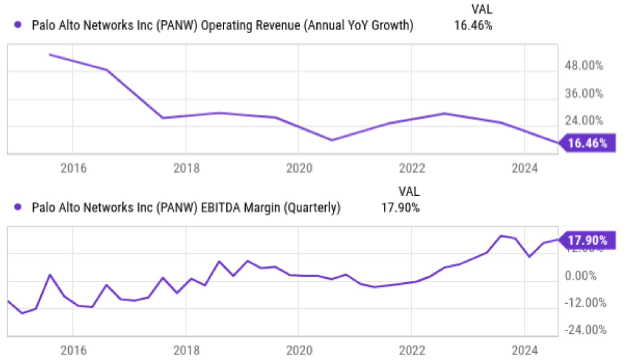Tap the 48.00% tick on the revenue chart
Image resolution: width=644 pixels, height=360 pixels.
coord(584,66)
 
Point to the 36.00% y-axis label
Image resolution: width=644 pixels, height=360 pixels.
coord(584,93)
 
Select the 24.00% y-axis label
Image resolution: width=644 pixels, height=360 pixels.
coord(584,120)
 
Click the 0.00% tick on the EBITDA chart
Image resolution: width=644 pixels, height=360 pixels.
coord(581,276)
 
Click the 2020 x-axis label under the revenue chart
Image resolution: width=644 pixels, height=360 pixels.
coord(299,168)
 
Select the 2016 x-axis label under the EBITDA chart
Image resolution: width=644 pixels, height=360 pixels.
coord(73,351)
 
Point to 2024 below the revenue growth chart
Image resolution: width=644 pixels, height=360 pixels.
coord(525,168)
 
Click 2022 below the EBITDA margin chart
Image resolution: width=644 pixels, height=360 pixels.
coord(412,351)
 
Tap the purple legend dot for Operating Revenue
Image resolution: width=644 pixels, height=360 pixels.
coord(18,25)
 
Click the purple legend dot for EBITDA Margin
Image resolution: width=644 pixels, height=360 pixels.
coord(18,207)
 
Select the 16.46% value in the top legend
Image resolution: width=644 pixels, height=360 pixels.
coord(473,25)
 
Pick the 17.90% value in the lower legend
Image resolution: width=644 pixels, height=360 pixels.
coord(400,208)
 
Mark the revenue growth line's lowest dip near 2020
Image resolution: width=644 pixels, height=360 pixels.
coord(332,140)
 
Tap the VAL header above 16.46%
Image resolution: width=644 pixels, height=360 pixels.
coord(482,9)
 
